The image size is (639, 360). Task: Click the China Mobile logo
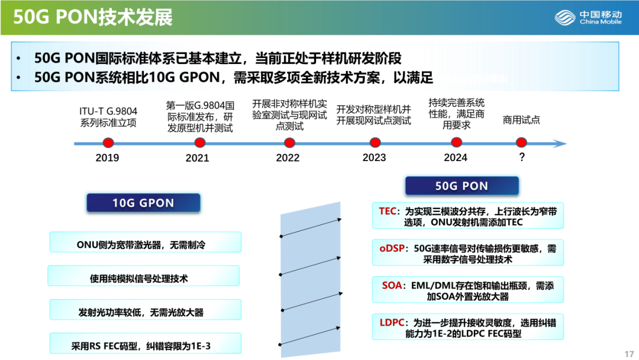point(588,17)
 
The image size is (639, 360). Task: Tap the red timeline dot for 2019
point(108,143)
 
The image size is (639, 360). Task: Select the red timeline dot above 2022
point(289,143)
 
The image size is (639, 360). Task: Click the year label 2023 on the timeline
point(374,157)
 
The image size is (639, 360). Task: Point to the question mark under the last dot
point(521,157)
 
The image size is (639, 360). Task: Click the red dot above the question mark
point(521,143)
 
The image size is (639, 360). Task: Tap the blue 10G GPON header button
point(143,203)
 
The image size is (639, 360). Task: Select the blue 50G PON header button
point(461,186)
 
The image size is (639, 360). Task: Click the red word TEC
point(388,211)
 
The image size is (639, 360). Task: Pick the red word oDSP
point(392,249)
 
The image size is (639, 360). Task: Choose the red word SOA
point(392,285)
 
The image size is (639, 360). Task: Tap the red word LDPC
point(392,323)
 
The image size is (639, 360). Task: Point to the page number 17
point(628,353)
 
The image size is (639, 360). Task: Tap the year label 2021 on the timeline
point(197,158)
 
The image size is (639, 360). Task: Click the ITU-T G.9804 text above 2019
point(108,111)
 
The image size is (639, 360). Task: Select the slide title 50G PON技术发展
point(93,17)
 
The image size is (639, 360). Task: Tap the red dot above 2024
point(456,143)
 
